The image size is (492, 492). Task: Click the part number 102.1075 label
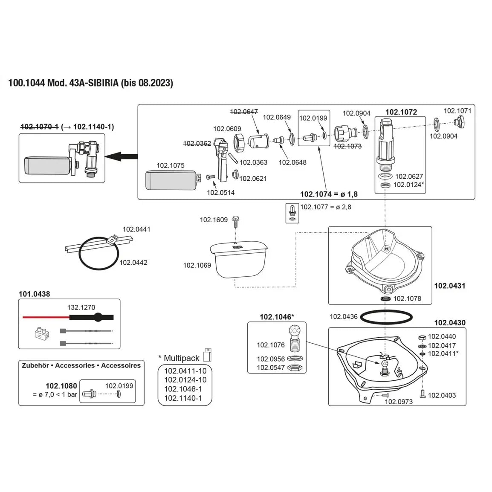coord(171,165)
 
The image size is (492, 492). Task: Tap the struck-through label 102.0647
coord(244,112)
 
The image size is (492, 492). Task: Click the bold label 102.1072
coord(401,112)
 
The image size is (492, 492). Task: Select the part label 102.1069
coord(197,265)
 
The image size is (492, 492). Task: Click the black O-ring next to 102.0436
coord(387,317)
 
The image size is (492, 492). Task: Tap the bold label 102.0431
coord(450,286)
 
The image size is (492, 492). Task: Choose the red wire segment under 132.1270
coord(46,317)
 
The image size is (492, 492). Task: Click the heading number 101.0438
coord(34,294)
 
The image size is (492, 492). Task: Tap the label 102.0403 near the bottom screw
coord(442,395)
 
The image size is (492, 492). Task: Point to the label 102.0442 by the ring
coord(133,263)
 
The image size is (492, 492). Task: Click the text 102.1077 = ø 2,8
coord(326,207)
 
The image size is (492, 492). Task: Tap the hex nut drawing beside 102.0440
coord(422,337)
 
